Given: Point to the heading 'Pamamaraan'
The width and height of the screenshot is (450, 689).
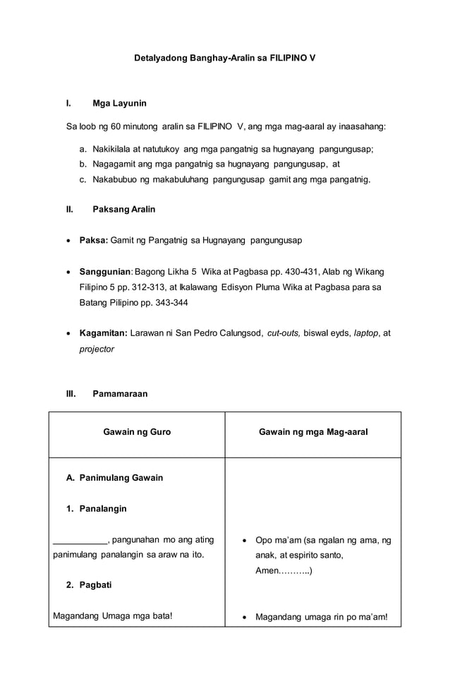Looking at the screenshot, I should tap(120, 394).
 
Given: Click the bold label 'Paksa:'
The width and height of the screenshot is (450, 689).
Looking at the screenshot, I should tap(93, 240).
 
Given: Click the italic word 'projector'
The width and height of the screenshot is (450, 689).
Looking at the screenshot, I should tap(97, 349).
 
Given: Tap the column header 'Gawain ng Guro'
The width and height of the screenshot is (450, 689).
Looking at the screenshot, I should tap(137, 431).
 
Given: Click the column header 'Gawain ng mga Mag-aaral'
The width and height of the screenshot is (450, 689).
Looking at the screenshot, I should tap(312, 431).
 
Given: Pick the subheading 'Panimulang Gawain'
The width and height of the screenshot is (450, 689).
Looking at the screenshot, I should tap(121, 478).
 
